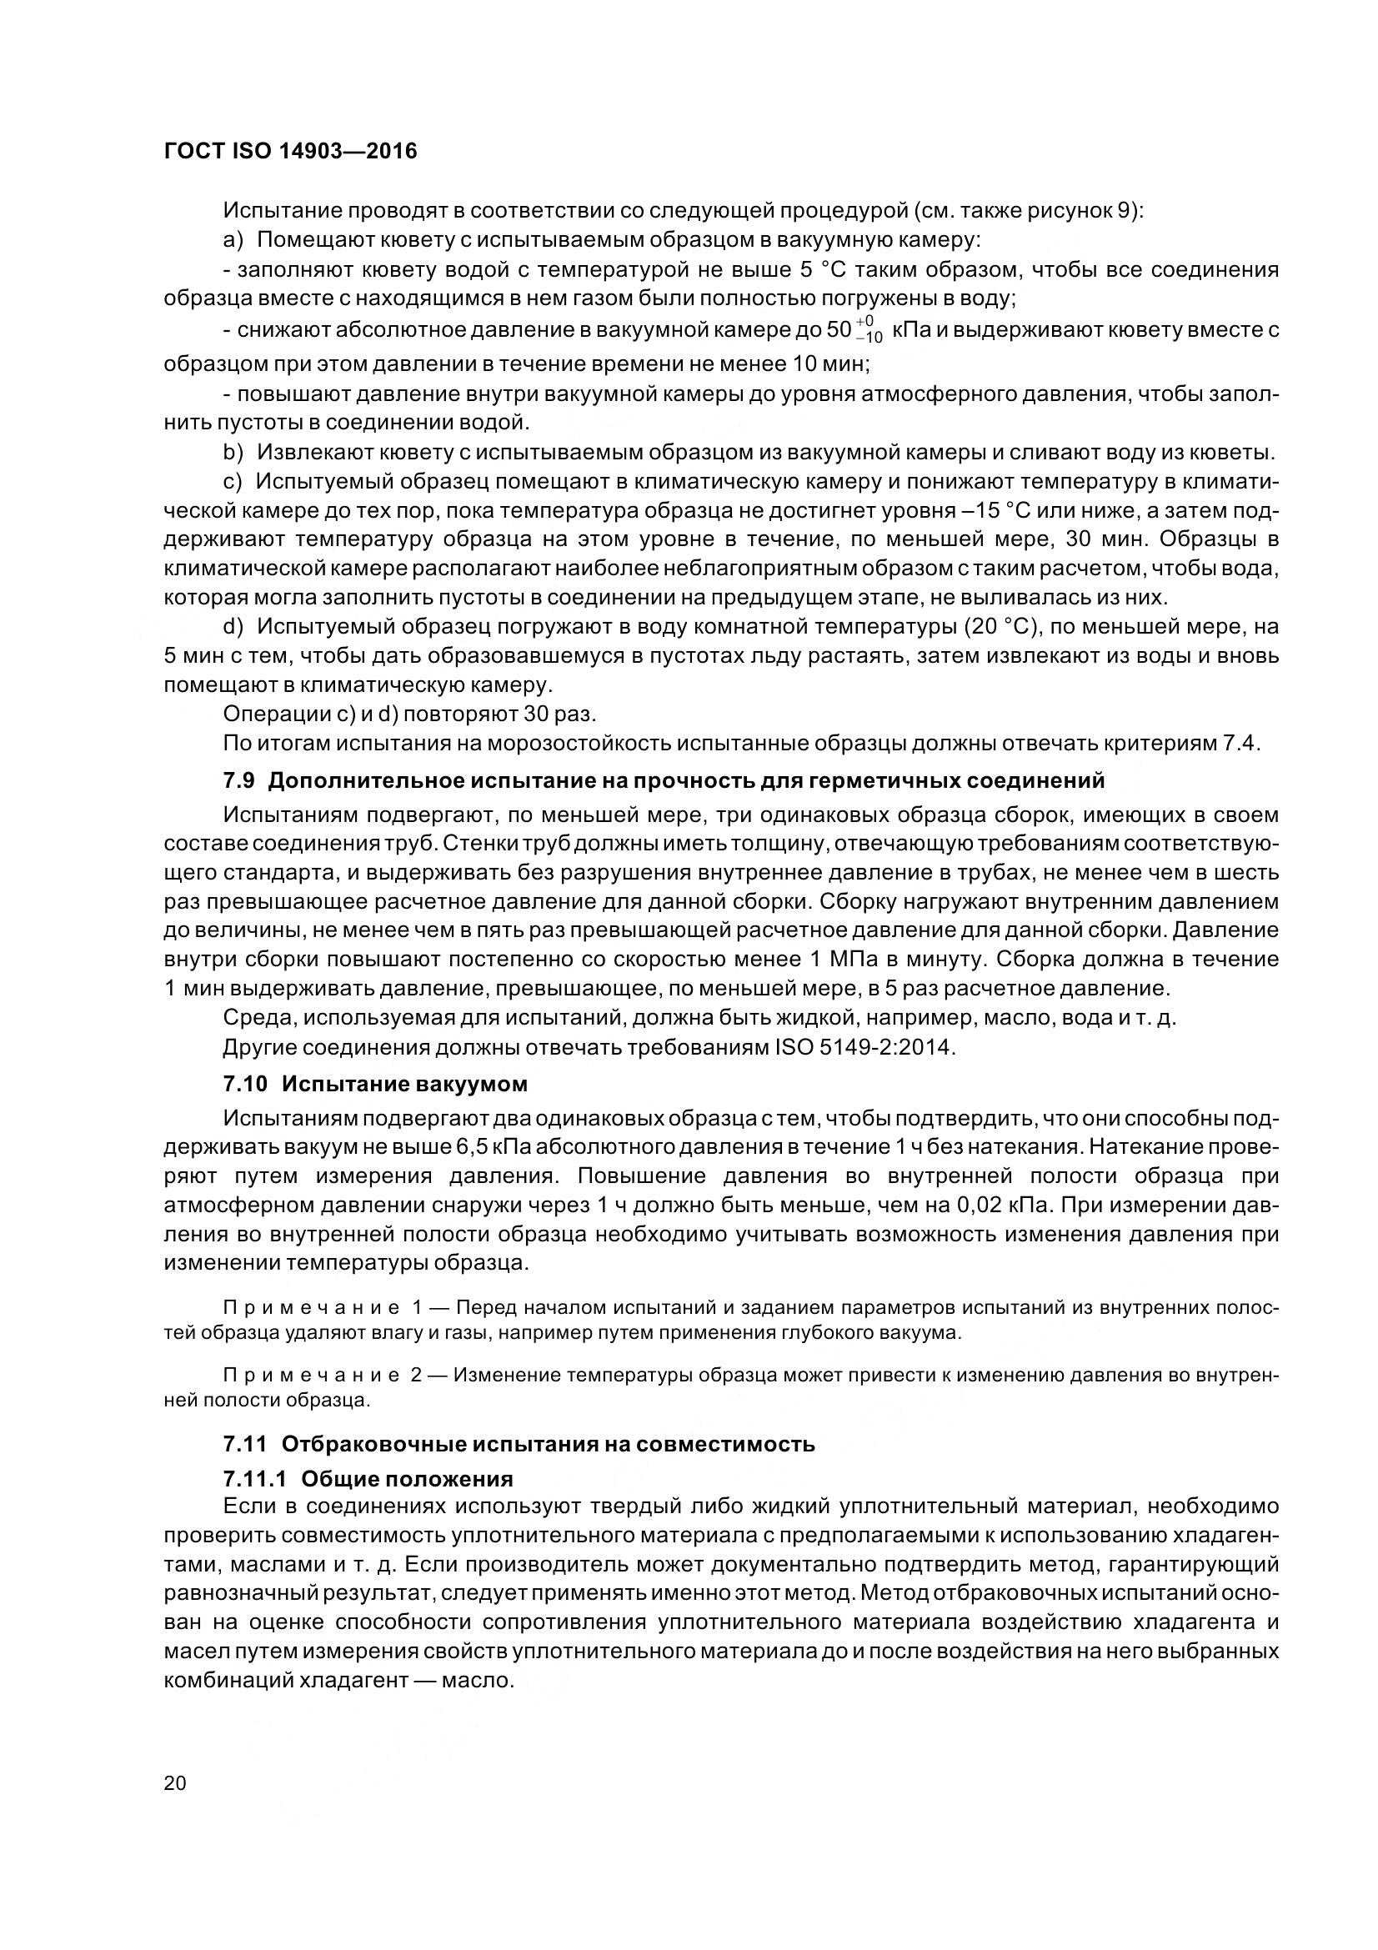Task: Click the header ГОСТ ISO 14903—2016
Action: (289, 153)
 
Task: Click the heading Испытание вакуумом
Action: (404, 1085)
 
